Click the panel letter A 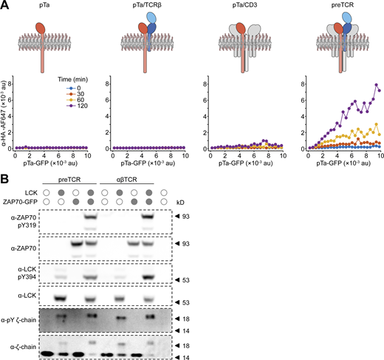pyautogui.click(x=5, y=5)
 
